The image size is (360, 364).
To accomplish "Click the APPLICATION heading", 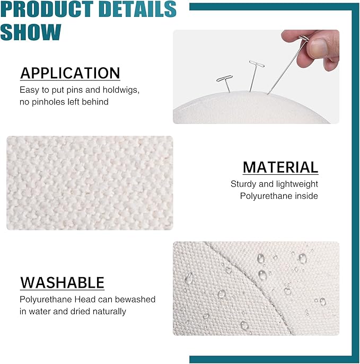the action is coord(70,73).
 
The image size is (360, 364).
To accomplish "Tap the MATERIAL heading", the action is coord(280,167).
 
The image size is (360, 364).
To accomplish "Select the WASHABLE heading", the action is coord(62,282).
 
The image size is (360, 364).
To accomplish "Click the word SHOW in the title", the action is coord(31,32).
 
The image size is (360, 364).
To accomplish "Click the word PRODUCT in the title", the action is coord(47,9).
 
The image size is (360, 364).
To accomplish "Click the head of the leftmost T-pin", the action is coord(225,78).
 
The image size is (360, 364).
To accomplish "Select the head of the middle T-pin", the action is coord(257,64).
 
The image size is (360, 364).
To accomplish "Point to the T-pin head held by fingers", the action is coord(304,38).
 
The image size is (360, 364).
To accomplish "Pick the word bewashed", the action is coord(135,299).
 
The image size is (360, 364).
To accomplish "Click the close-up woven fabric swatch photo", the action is coord(90,183).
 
